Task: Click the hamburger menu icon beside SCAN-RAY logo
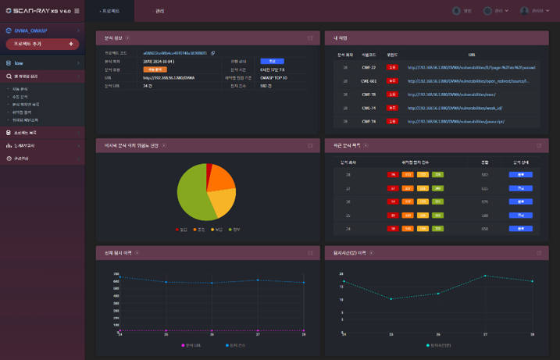(x=79, y=11)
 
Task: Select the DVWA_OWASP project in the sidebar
(x=31, y=30)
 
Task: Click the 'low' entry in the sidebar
(x=19, y=62)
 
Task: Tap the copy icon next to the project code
(x=213, y=53)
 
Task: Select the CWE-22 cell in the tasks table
(x=369, y=68)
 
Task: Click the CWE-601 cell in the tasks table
(x=369, y=80)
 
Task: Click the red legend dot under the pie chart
(x=178, y=230)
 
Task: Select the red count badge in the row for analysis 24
(x=392, y=228)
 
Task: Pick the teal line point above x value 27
(x=485, y=276)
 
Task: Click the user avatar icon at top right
(x=526, y=11)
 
